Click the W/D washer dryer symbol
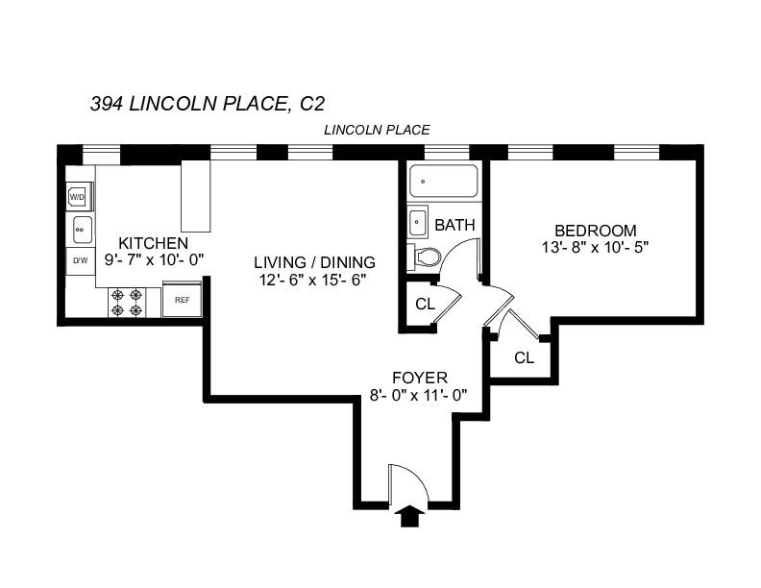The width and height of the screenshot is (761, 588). [78, 197]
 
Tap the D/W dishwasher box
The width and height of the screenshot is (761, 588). [79, 260]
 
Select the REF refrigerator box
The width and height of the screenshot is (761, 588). [182, 299]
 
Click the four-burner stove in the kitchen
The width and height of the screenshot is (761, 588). [127, 302]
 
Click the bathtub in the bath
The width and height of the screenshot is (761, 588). [443, 182]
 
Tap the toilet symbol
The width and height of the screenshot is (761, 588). [425, 257]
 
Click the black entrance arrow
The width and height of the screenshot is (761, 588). [410, 518]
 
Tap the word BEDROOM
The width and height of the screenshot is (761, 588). [596, 231]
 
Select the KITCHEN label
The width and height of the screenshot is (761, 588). [153, 243]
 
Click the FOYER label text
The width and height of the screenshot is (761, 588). [420, 378]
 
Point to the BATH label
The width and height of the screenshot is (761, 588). [454, 226]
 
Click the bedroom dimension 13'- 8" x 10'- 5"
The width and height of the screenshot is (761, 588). [596, 247]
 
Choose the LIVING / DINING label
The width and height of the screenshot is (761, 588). [314, 262]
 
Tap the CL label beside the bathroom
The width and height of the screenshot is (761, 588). [425, 306]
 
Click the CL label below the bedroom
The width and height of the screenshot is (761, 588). [524, 358]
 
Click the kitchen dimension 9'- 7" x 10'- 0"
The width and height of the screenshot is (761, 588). [153, 259]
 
